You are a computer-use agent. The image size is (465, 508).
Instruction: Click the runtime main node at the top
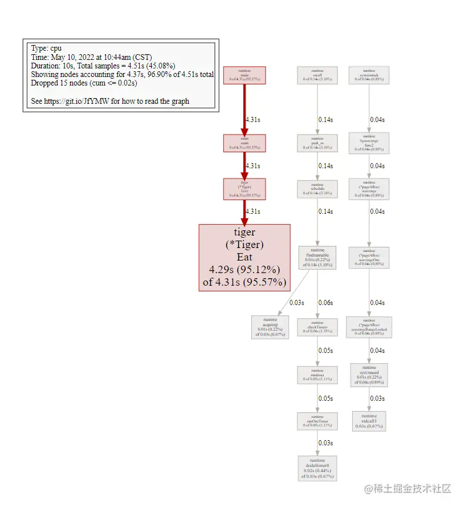click(244, 75)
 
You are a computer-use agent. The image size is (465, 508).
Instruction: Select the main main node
click(244, 143)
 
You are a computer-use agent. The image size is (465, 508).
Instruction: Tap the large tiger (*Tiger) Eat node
click(244, 257)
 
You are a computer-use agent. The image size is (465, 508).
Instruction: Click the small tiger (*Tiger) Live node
click(244, 189)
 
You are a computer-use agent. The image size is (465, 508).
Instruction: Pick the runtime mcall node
click(317, 75)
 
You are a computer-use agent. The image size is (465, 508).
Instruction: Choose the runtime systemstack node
click(369, 75)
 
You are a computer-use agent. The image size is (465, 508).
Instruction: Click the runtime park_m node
click(317, 143)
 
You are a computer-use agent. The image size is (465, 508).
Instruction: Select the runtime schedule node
click(317, 189)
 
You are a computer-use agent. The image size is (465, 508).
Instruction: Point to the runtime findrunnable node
click(317, 257)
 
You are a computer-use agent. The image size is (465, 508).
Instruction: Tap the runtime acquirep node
click(270, 327)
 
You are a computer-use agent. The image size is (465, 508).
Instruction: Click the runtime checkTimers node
click(317, 327)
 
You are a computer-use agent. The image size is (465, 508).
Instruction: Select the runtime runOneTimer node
click(317, 421)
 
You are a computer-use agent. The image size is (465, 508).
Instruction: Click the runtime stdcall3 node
click(369, 421)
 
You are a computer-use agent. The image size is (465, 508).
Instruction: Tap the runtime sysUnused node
click(369, 375)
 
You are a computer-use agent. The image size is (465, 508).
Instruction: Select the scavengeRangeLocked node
click(369, 327)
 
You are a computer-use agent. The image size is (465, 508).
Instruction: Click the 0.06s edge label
click(325, 303)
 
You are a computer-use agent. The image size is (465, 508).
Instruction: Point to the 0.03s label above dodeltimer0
click(325, 443)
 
